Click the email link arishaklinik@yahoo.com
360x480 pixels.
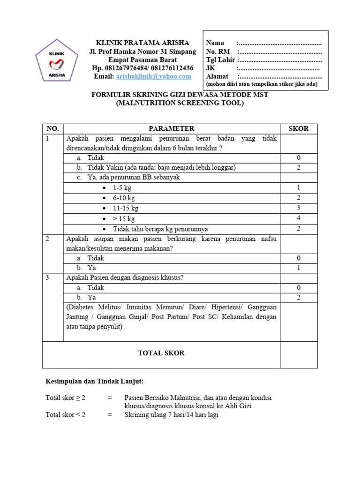click(x=154, y=76)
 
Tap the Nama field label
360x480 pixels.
click(x=215, y=43)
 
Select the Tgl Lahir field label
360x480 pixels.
click(x=221, y=60)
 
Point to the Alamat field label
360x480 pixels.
click(x=217, y=76)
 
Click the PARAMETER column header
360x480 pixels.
click(x=172, y=128)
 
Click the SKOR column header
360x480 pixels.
click(x=298, y=128)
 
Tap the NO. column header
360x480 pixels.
click(x=52, y=128)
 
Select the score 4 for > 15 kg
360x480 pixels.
click(x=298, y=218)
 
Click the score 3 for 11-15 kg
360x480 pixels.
click(x=298, y=208)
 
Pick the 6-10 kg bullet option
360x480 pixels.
click(x=124, y=198)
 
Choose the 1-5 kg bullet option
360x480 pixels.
click(x=122, y=188)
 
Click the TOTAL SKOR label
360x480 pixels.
click(x=161, y=353)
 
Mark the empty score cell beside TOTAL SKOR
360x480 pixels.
click(x=298, y=354)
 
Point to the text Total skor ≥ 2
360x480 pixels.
click(x=66, y=397)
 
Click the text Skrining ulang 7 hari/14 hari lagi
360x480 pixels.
click(x=172, y=415)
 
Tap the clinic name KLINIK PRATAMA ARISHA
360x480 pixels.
click(x=142, y=43)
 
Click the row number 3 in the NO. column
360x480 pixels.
click(x=47, y=277)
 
